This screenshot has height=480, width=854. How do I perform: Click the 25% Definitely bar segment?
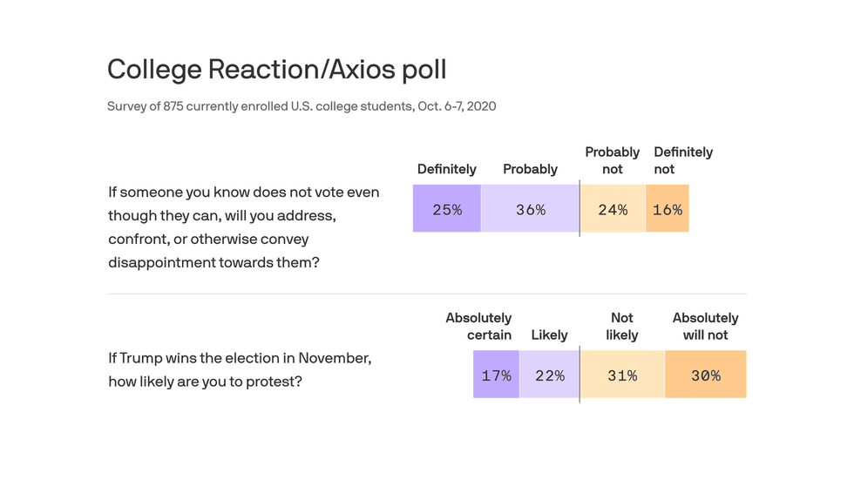(x=447, y=209)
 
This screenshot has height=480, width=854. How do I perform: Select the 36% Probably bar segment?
(x=530, y=209)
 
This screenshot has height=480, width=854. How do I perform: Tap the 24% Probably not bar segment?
(x=613, y=209)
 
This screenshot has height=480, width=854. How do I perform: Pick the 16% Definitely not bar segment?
(x=668, y=209)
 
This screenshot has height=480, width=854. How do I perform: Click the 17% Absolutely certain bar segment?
(x=496, y=375)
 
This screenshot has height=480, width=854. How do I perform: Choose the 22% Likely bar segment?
(x=549, y=375)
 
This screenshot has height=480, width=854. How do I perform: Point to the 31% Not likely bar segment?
(x=622, y=375)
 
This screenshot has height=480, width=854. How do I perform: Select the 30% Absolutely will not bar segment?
(x=706, y=375)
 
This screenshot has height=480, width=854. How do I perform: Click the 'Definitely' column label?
(x=446, y=169)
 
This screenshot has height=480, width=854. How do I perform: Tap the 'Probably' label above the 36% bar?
(x=530, y=169)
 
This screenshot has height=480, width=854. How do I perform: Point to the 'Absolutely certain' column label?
(x=478, y=327)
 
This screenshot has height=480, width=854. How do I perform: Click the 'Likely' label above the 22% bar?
(x=549, y=335)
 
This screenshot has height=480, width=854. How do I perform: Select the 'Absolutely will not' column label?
(x=705, y=327)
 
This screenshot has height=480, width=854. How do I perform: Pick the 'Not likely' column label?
(x=622, y=327)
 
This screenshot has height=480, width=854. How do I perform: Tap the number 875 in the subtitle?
(x=173, y=106)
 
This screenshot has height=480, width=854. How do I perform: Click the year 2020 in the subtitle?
(x=480, y=106)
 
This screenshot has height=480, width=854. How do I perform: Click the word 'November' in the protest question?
(x=335, y=358)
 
